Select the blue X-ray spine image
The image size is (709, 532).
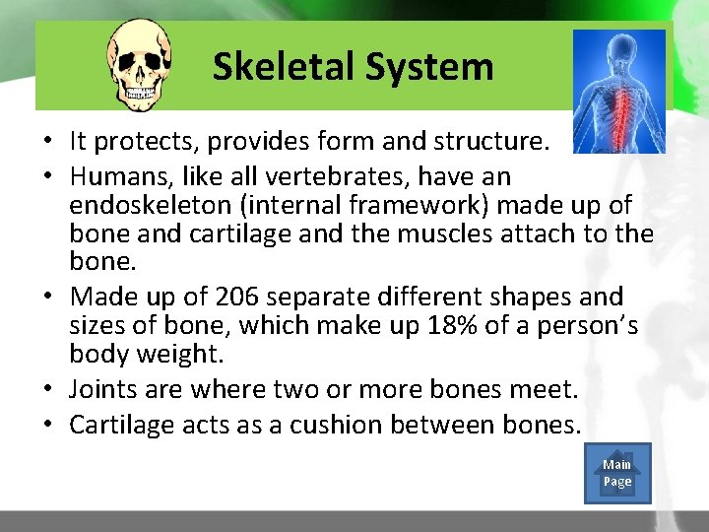pos(618,91)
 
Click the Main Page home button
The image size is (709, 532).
pos(617,473)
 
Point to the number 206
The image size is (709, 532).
pos(242,297)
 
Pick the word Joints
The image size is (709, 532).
pos(103,390)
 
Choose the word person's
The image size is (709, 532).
pos(588,325)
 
